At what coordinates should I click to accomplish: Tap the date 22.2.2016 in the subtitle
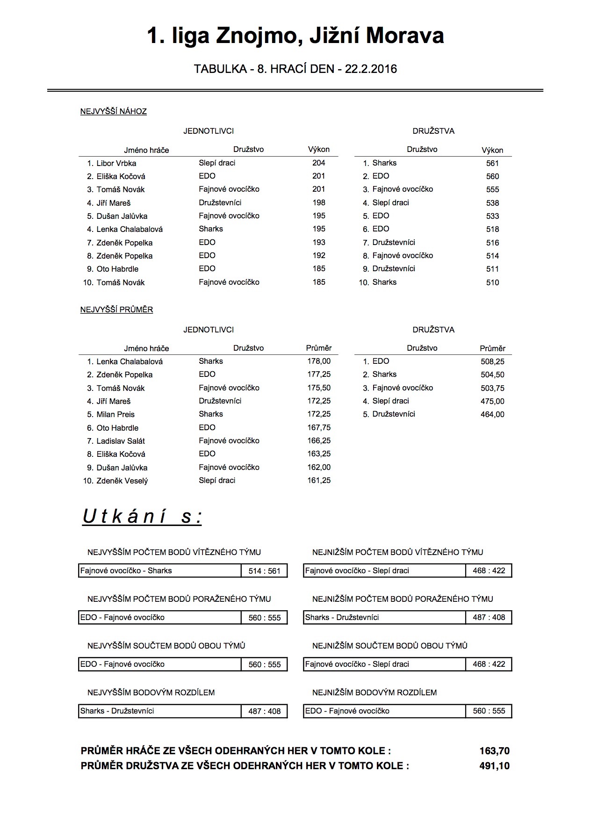tap(371, 69)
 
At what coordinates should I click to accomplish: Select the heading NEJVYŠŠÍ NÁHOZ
tap(114, 112)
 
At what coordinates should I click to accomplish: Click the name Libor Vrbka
tap(116, 163)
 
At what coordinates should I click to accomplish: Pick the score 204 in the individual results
tap(319, 163)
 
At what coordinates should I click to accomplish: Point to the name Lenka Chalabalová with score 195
tap(130, 229)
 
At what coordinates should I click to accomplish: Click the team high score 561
tap(492, 163)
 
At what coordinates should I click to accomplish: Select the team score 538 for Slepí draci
tap(492, 203)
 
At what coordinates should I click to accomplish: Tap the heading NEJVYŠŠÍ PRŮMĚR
tap(117, 310)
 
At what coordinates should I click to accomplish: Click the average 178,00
tap(319, 361)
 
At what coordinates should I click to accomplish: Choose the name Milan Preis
tap(115, 414)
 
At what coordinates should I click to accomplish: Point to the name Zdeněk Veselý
tap(122, 481)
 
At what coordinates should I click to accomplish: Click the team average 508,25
tap(492, 361)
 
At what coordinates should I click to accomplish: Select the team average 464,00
tap(492, 414)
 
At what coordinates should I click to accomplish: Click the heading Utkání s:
tap(142, 517)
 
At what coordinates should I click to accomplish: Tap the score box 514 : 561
tap(265, 571)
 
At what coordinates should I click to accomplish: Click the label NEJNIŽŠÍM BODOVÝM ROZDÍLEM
tap(375, 693)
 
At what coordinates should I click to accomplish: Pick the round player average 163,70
tap(494, 751)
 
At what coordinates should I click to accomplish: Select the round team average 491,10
tap(494, 766)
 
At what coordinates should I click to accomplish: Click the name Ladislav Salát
tap(121, 441)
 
